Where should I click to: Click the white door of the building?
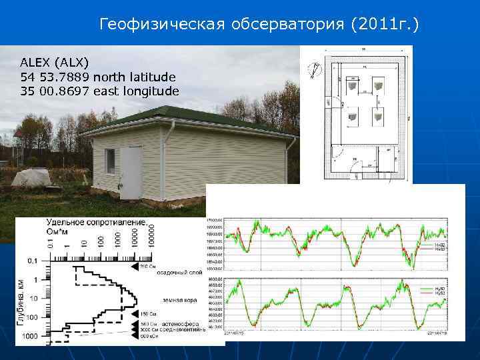(x=131, y=173)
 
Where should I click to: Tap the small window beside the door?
(x=109, y=161)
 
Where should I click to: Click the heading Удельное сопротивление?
(x=96, y=223)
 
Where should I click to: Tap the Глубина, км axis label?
(x=23, y=304)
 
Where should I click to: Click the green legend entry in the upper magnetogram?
(x=440, y=245)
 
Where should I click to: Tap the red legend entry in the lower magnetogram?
(x=440, y=294)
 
